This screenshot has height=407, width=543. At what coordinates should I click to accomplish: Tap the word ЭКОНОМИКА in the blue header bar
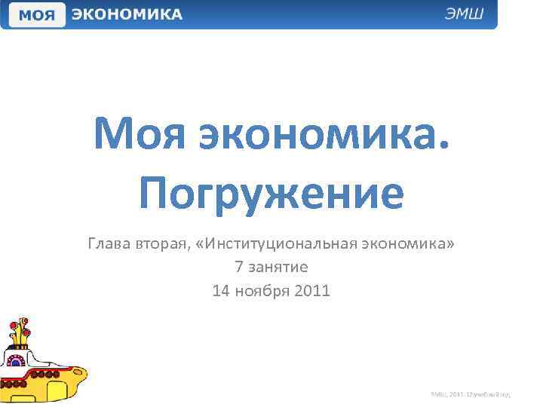click(127, 14)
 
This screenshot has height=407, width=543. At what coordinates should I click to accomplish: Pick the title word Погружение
click(271, 193)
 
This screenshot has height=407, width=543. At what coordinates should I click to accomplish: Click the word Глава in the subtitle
click(110, 244)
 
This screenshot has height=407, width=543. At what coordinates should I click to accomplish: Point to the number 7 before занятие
click(239, 267)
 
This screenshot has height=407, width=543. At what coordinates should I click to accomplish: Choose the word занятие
click(278, 267)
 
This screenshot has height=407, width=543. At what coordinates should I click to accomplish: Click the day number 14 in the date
click(221, 290)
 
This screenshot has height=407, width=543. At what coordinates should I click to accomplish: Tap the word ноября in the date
click(264, 290)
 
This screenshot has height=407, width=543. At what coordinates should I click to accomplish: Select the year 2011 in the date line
click(314, 290)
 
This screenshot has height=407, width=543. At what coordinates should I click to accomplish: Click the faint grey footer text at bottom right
click(471, 393)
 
